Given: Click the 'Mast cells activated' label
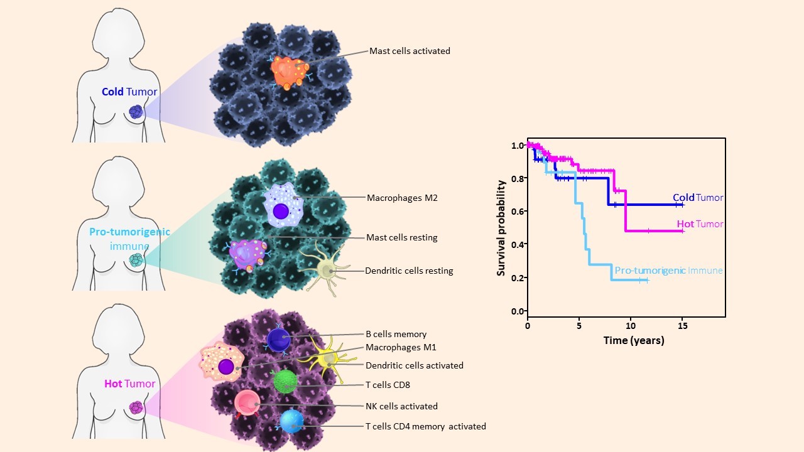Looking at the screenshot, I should click(410, 51).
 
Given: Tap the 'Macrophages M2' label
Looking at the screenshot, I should click(402, 198).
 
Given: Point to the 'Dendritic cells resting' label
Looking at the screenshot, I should click(409, 271).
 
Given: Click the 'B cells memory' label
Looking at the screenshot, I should click(396, 334).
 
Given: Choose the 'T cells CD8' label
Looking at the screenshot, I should click(388, 385).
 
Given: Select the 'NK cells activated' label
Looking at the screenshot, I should click(401, 406).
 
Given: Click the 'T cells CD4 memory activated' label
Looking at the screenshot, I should click(425, 426).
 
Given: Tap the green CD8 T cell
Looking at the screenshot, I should click(285, 381).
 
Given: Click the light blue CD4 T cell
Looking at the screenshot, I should click(292, 420).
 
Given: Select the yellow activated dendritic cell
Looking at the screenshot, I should click(327, 358).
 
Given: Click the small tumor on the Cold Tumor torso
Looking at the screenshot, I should click(136, 112).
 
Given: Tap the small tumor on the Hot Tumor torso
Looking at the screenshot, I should click(136, 407).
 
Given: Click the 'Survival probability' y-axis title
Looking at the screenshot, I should click(501, 228).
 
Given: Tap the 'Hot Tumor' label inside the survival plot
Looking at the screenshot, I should click(700, 224).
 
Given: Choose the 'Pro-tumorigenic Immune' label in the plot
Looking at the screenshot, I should click(668, 271).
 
